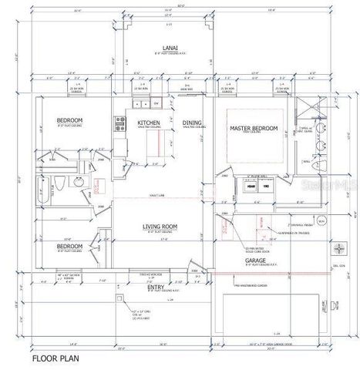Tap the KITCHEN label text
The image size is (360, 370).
(x=148, y=123)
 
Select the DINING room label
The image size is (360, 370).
(x=192, y=123)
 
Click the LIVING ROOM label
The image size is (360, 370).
(x=160, y=226)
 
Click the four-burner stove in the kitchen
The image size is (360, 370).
(x=119, y=121)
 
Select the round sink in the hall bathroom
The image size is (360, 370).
(x=78, y=183)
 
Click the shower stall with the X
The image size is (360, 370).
(x=305, y=109)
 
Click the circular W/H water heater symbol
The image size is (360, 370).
(x=322, y=220)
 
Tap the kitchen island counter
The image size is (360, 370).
(x=165, y=143)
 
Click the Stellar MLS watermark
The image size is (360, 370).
(x=340, y=185)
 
